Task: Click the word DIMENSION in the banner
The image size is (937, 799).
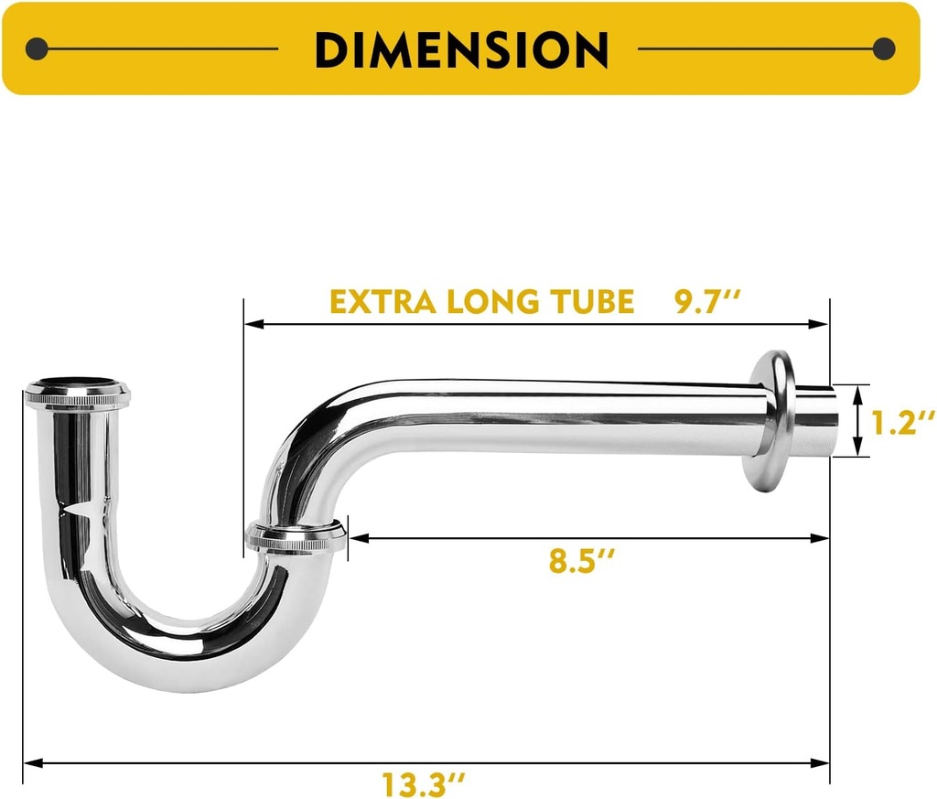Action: click(x=461, y=49)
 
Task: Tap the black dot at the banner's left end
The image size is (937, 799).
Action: click(x=37, y=49)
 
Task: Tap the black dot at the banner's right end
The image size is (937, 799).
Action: click(x=884, y=49)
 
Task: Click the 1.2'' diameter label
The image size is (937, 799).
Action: click(x=901, y=424)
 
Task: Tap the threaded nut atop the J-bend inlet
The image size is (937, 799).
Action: click(x=77, y=395)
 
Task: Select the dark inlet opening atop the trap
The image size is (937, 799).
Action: click(x=77, y=382)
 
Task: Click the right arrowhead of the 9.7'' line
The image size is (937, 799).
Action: click(x=822, y=324)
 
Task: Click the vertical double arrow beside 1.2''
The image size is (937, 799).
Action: click(x=857, y=421)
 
